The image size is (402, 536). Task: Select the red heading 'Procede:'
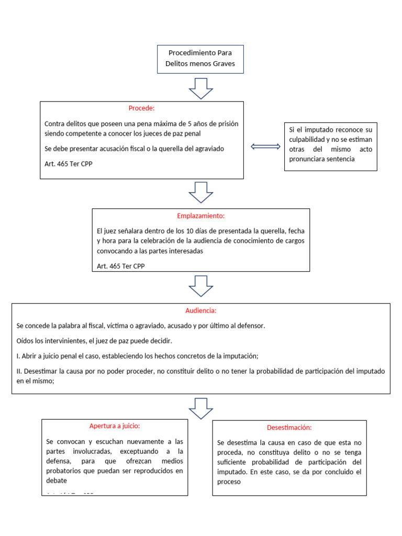[141, 108]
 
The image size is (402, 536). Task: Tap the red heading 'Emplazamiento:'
[200, 216]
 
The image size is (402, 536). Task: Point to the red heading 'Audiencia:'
[200, 310]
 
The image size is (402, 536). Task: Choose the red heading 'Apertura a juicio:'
[115, 426]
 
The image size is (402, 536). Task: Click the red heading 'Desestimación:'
[289, 428]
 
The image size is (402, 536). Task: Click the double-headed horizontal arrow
[265, 147]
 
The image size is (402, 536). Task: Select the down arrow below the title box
[200, 88]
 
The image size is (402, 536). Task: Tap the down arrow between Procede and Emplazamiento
[200, 192]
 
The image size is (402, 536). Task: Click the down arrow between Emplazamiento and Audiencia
[200, 286]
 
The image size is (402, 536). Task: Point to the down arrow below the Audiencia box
[200, 408]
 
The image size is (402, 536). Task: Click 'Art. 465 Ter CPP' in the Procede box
[69, 163]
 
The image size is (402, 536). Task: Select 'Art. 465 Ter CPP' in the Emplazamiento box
[121, 266]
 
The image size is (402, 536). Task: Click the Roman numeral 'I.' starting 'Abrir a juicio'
[18, 356]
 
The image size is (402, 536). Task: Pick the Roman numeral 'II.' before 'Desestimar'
[19, 371]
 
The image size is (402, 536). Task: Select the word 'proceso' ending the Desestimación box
[229, 482]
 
